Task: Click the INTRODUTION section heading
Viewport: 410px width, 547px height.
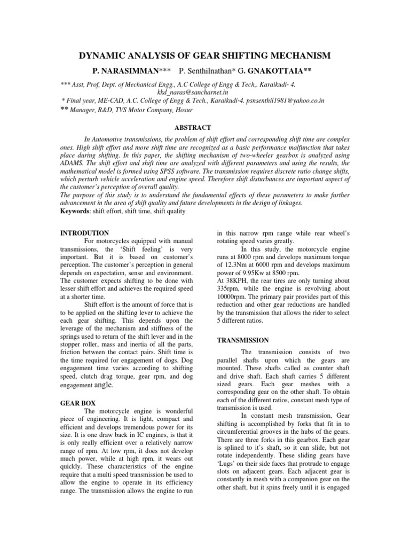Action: pyautogui.click(x=85, y=233)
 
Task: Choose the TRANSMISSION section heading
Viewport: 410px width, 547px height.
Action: pyautogui.click(x=242, y=340)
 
